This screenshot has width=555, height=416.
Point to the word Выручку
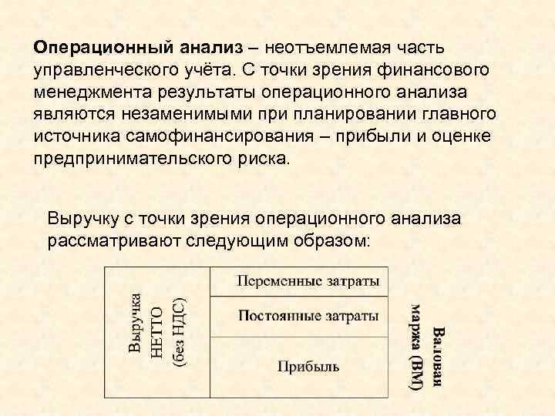[x=82, y=218]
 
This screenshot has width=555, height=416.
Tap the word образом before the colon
[x=333, y=240]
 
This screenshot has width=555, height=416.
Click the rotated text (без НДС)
[x=178, y=331]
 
